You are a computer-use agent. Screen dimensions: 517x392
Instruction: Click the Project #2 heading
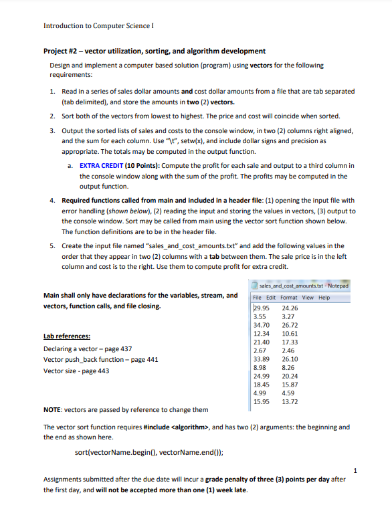(155, 51)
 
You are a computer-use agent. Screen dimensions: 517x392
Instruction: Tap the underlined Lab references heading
(68, 337)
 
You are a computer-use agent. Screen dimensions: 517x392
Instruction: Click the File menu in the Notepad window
(257, 297)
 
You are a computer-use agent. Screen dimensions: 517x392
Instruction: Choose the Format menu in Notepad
(289, 297)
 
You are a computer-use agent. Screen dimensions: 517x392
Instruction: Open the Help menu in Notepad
(324, 297)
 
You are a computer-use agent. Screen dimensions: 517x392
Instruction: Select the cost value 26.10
(290, 358)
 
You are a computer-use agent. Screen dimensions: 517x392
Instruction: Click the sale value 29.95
(262, 306)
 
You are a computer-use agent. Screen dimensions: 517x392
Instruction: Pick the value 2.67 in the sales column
(260, 350)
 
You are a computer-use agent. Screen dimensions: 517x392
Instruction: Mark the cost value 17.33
(290, 341)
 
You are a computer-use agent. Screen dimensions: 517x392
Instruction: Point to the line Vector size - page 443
(76, 371)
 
